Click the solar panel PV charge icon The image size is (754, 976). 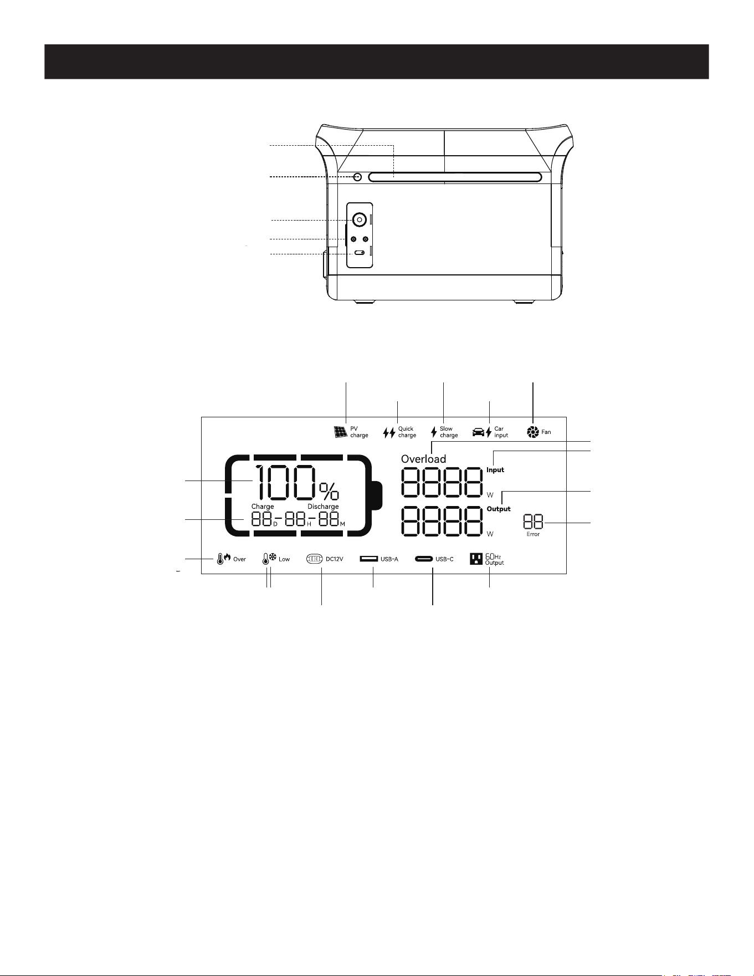pos(340,432)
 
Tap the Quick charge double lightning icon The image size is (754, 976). pos(389,432)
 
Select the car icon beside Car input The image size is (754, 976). pos(478,432)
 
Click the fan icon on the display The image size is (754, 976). pos(533,432)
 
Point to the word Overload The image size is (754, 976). pos(423,459)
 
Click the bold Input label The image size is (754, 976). pos(495,470)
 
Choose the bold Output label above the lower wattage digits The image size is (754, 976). pos(499,509)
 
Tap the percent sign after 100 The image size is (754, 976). pos(329,491)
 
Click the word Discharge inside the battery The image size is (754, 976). pos(323,507)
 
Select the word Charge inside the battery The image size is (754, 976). pos(263,507)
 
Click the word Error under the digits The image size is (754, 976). pos(533,534)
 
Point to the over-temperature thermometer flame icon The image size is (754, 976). pos(223,559)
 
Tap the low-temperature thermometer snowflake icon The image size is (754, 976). pos(269,559)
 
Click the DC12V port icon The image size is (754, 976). pos(314,559)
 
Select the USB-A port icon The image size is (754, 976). pos(368,559)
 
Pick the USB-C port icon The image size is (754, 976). pos(424,559)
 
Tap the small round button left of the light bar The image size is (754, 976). pos(357,177)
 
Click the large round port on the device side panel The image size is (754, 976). pos(360,220)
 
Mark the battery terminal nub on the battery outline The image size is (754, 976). pos(377,495)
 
